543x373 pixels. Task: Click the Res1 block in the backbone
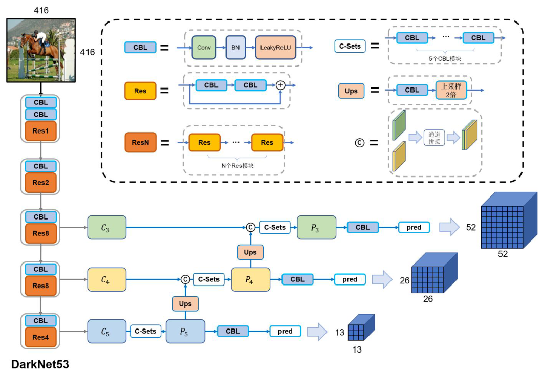point(40,131)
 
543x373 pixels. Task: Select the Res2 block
point(40,182)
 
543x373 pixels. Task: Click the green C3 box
point(106,227)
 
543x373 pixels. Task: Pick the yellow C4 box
point(106,279)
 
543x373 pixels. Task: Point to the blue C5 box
point(106,331)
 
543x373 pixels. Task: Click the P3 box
point(316,227)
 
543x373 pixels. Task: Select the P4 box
point(250,279)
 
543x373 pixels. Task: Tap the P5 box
point(185,331)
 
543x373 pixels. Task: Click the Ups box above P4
point(250,252)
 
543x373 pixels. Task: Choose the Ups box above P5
point(185,304)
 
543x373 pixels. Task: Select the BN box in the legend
point(235,48)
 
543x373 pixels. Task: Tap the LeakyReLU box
point(275,48)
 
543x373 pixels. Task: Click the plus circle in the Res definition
point(280,85)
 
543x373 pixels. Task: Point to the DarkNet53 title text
point(40,364)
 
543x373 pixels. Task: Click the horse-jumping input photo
point(41,50)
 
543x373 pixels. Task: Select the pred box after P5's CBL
point(285,331)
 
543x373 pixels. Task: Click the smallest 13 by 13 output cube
point(361,328)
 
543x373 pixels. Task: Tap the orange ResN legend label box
point(140,142)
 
